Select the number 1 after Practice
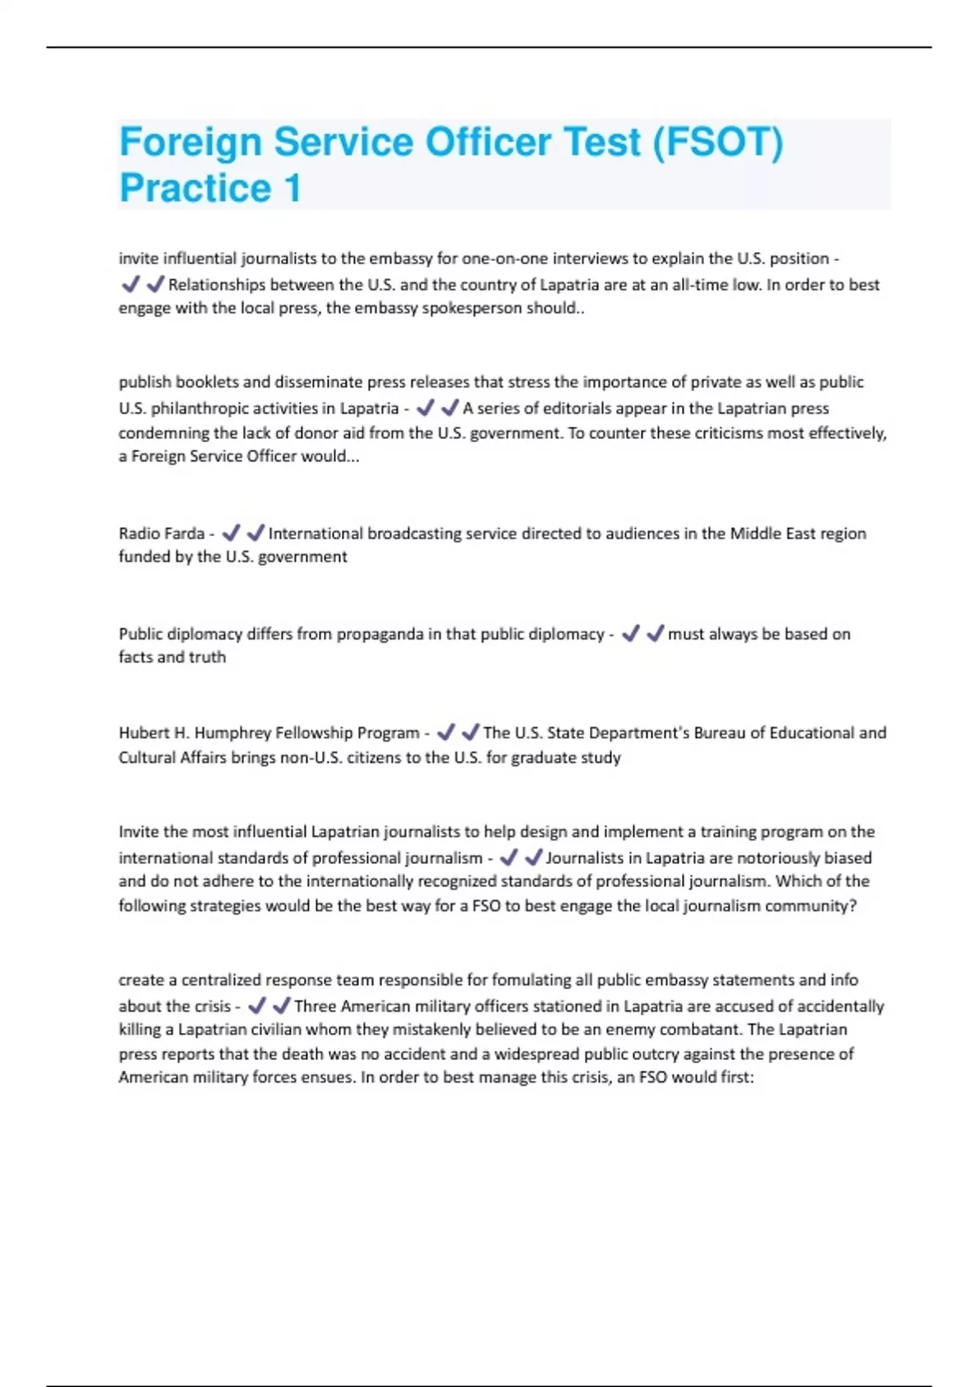click(x=292, y=188)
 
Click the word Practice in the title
click(x=195, y=188)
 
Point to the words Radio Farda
click(x=162, y=534)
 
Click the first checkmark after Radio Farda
click(x=231, y=533)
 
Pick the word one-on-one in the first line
click(x=505, y=259)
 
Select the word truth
click(x=207, y=658)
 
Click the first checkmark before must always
click(x=630, y=634)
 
